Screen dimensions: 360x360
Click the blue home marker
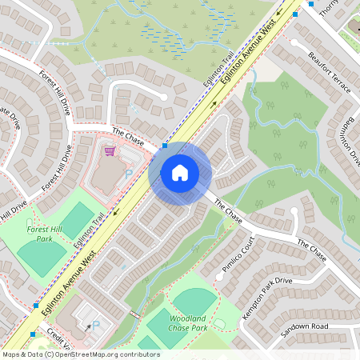click(180, 172)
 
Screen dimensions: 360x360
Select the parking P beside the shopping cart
click(127, 174)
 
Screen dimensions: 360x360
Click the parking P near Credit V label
click(97, 326)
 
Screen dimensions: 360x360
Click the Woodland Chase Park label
click(188, 323)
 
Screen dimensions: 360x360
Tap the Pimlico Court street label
click(238, 256)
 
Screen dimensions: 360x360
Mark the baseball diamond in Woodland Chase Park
click(194, 302)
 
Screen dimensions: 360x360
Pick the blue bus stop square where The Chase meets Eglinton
click(165, 146)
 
